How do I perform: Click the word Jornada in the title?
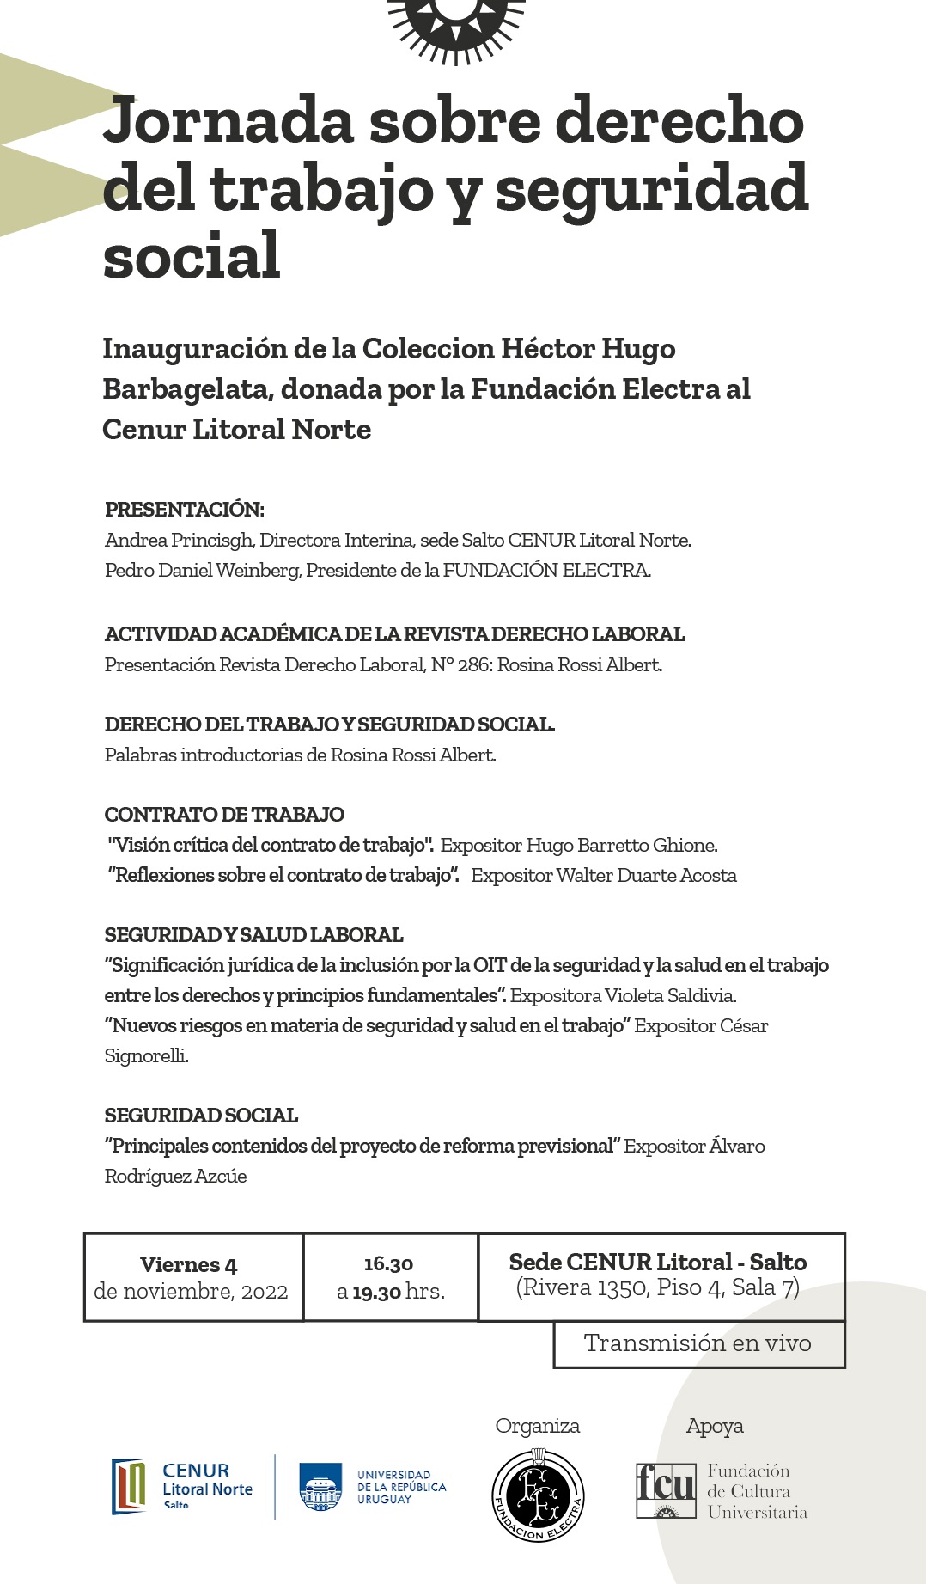(x=228, y=121)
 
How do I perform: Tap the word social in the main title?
(x=192, y=256)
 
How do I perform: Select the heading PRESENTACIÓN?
(x=184, y=509)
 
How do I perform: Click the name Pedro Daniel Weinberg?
(x=202, y=570)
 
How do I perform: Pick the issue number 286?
(x=474, y=664)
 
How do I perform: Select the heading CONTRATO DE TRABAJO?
(x=224, y=814)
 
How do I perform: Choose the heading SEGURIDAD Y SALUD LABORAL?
(x=253, y=934)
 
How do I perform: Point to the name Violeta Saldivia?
(x=670, y=995)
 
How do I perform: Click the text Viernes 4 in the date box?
(x=188, y=1264)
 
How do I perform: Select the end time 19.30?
(x=376, y=1292)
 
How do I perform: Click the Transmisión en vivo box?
(x=698, y=1342)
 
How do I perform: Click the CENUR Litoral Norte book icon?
(x=129, y=1486)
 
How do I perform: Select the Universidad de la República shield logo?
(x=321, y=1486)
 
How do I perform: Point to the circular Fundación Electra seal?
(x=538, y=1495)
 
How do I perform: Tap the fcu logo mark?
(x=665, y=1489)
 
